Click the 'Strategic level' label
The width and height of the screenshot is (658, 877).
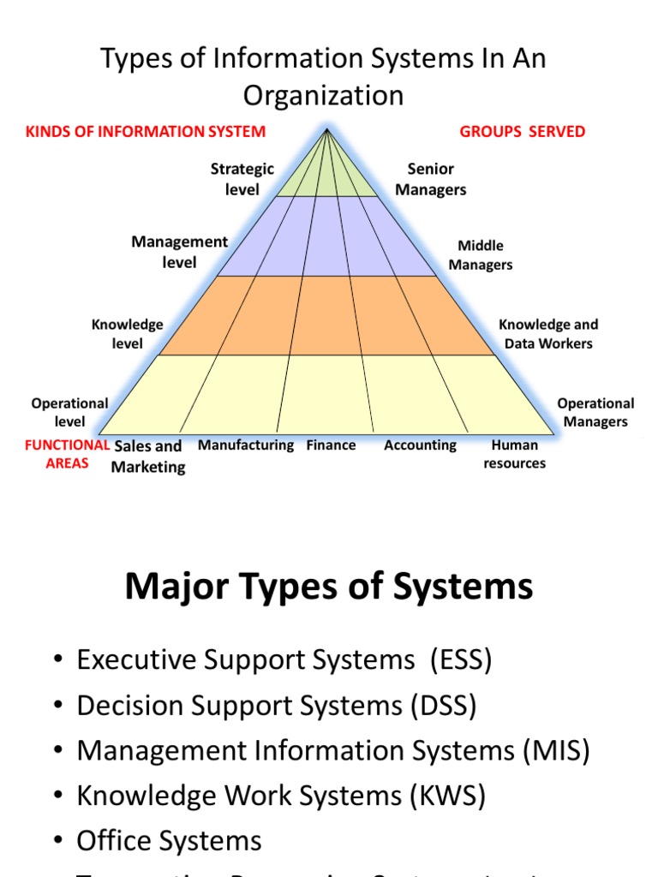point(242,179)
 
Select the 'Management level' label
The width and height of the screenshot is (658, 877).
point(179,252)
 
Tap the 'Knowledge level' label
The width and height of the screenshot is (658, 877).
point(127,334)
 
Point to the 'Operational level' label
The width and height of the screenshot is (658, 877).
point(69,412)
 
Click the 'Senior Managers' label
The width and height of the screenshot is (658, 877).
point(431,179)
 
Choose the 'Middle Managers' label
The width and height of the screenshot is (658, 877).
point(481,255)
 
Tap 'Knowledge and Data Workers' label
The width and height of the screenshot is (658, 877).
point(548,334)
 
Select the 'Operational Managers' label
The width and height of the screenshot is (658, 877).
point(595,412)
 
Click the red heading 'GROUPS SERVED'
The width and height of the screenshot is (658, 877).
point(523,131)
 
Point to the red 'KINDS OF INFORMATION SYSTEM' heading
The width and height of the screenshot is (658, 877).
point(146,131)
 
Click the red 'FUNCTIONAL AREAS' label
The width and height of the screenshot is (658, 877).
point(67,454)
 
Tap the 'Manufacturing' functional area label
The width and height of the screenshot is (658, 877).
point(246,445)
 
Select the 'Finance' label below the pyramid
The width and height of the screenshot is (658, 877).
point(331,445)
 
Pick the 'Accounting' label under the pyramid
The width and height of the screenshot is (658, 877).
point(420,445)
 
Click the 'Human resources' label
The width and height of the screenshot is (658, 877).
point(514,454)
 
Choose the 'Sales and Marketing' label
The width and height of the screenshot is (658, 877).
point(148,456)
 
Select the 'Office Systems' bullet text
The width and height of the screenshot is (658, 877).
point(169,841)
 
